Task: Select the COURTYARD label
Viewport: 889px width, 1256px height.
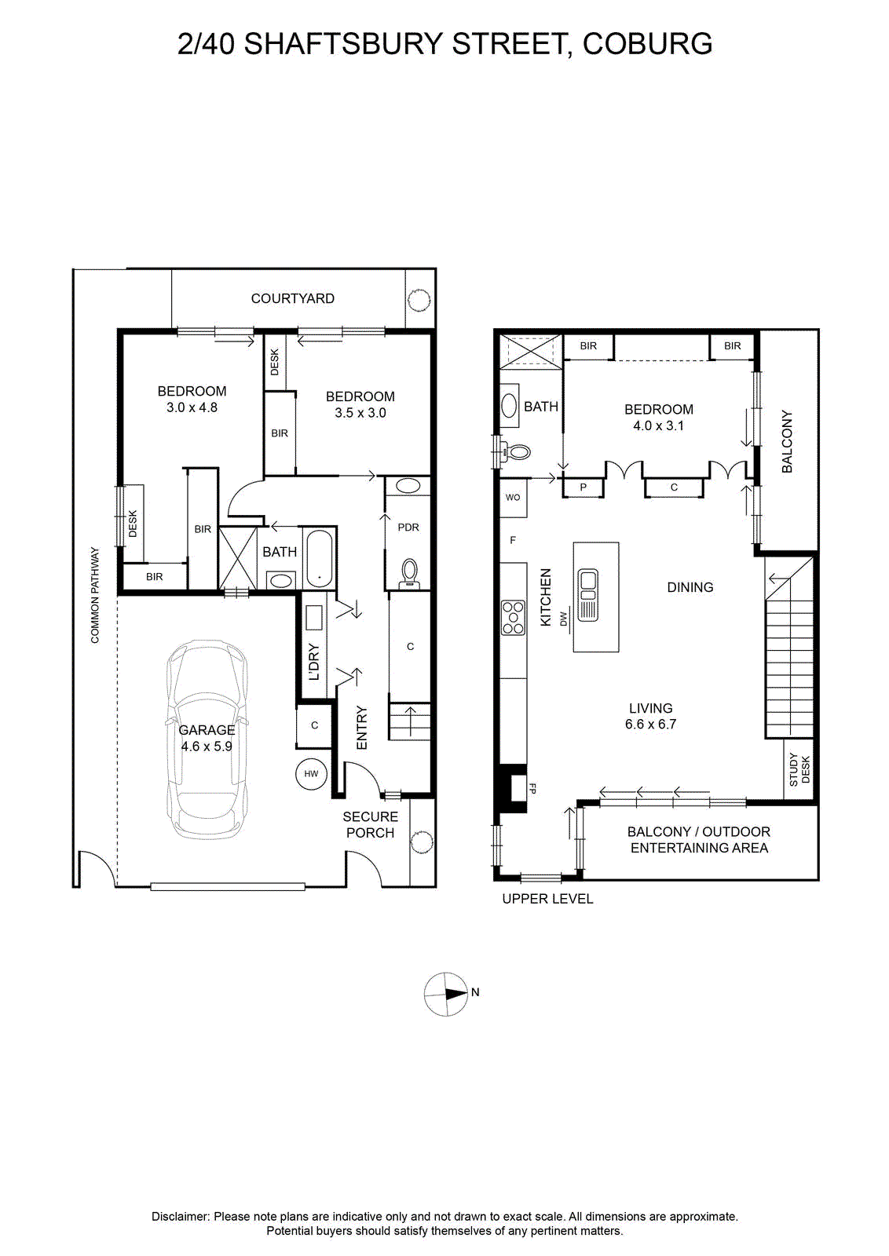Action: coord(292,298)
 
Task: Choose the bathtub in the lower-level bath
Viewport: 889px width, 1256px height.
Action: coord(320,558)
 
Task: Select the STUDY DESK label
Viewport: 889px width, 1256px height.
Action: coord(799,769)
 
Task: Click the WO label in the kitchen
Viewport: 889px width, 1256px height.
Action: coord(513,498)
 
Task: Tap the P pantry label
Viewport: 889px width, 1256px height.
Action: coord(583,487)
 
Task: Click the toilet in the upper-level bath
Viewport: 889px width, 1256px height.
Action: coord(515,451)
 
